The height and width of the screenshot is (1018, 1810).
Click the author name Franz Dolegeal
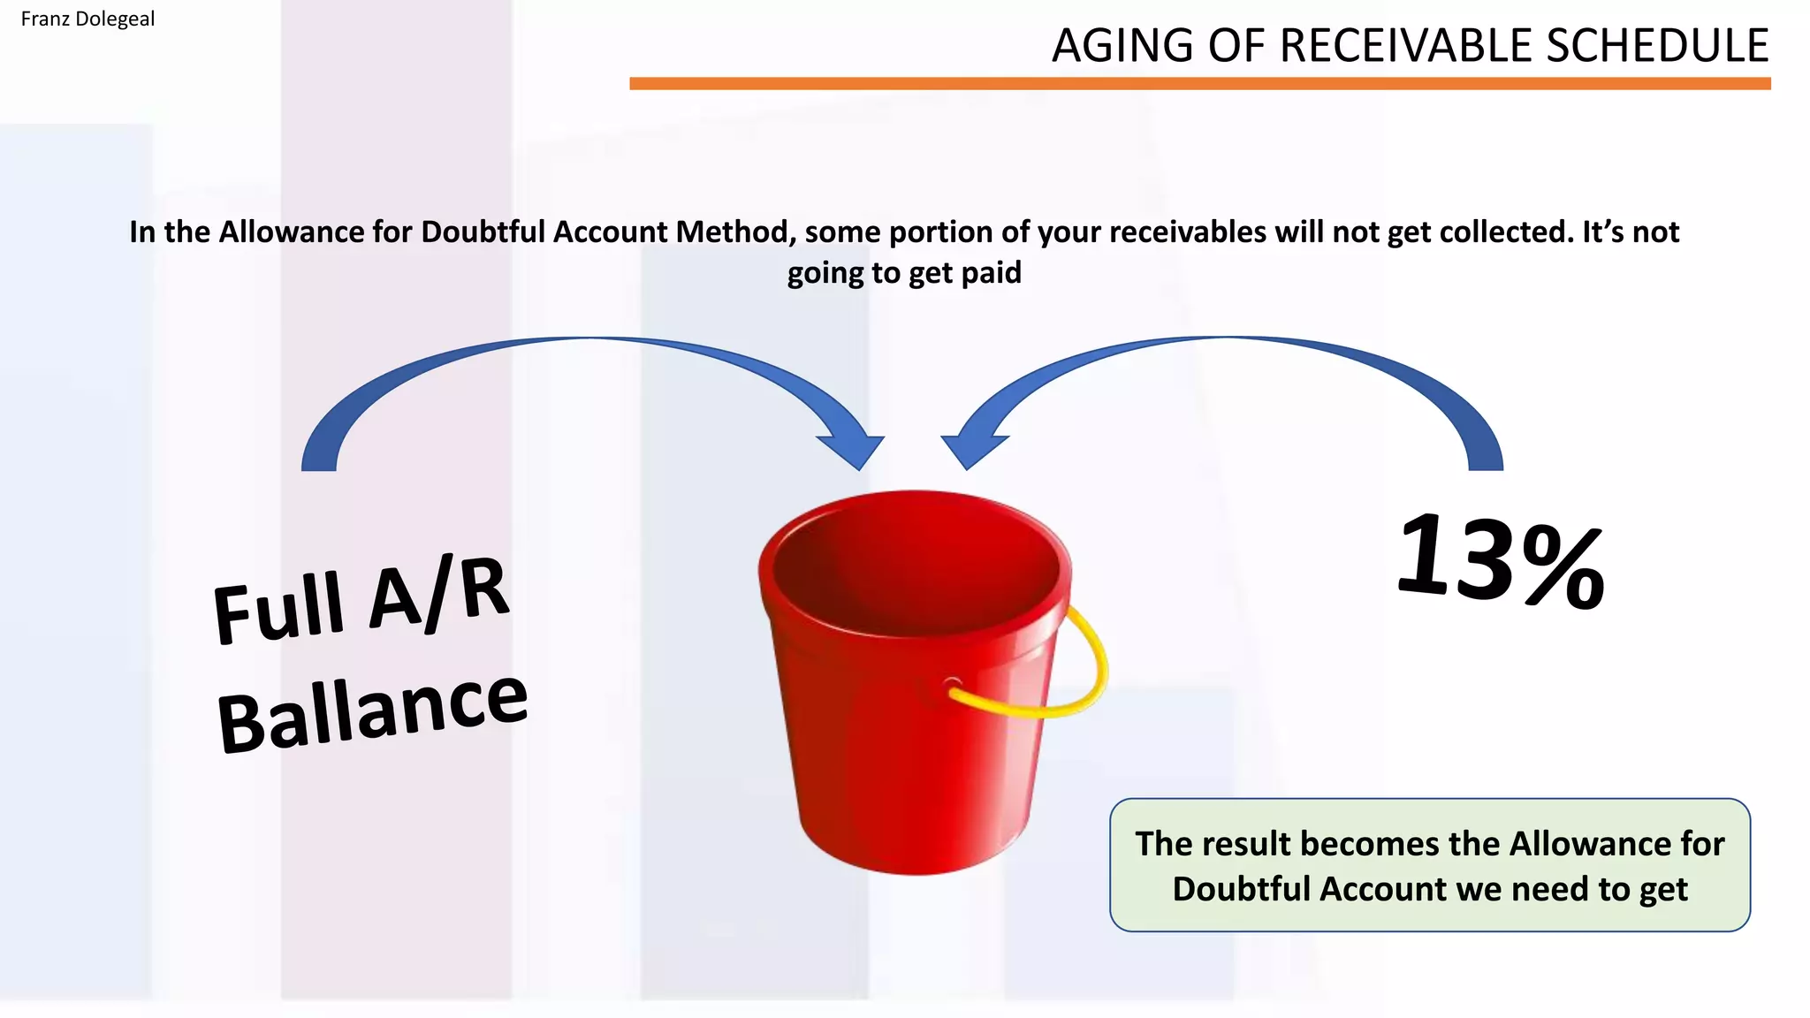click(x=87, y=19)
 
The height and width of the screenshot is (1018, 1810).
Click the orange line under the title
click(x=1199, y=83)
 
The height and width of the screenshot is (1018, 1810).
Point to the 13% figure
click(x=1500, y=563)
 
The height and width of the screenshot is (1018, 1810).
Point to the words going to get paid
click(x=903, y=273)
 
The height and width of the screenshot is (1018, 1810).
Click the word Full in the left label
click(x=278, y=610)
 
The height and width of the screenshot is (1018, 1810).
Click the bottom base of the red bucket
click(x=915, y=848)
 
